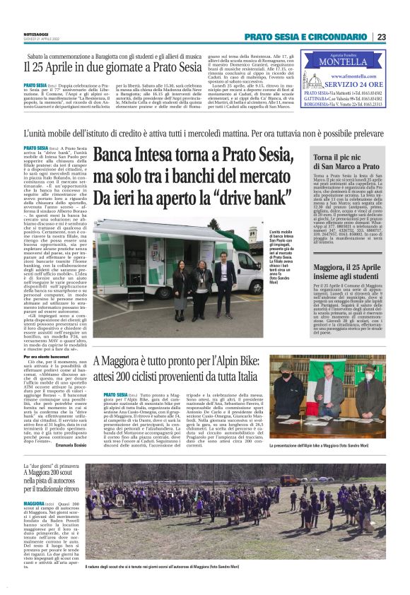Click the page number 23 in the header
(x=381, y=37)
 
